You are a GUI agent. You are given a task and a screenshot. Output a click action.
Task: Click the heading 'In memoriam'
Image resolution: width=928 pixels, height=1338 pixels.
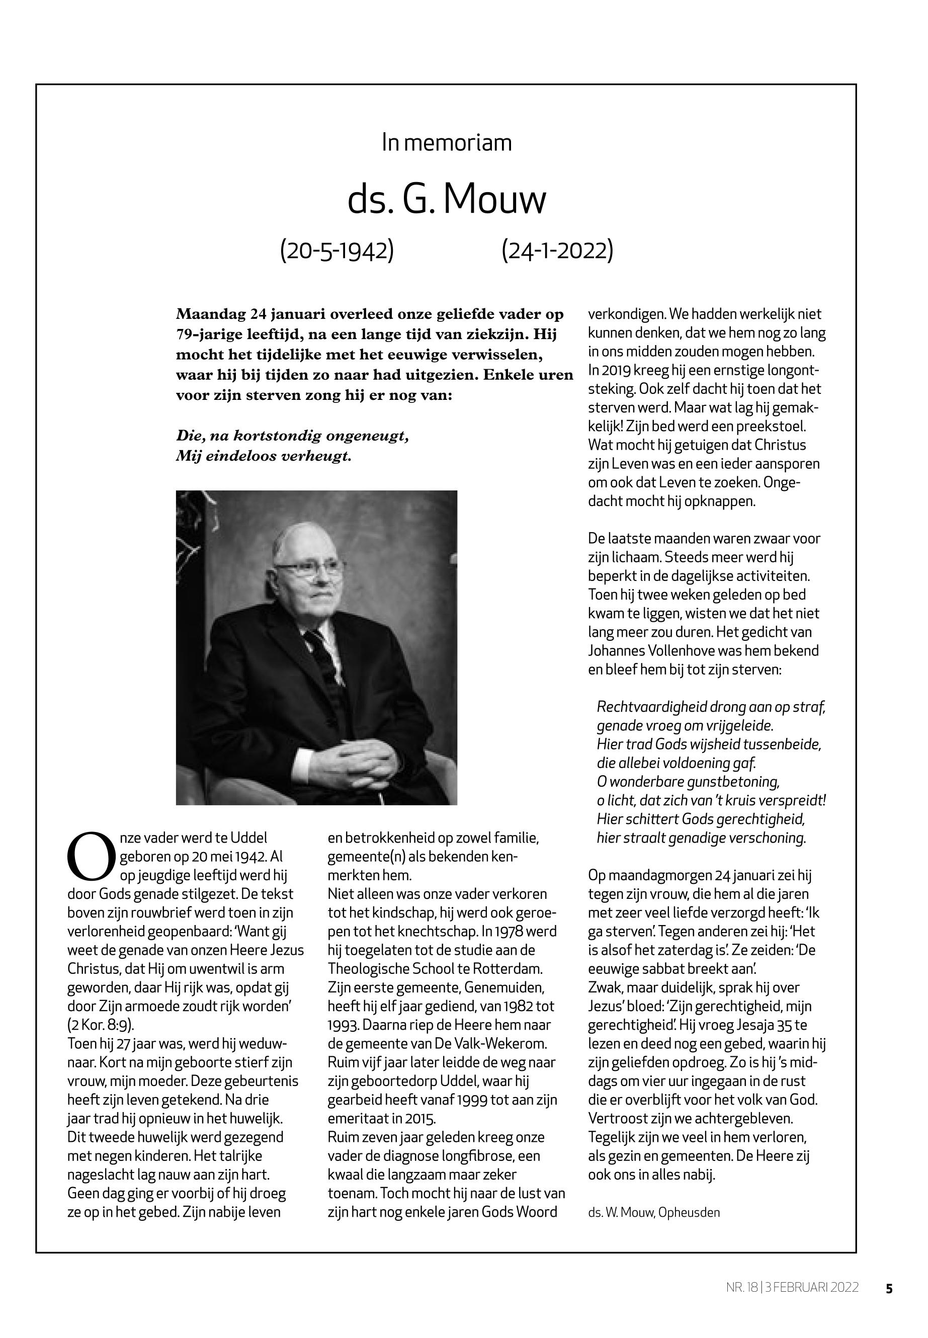(x=447, y=142)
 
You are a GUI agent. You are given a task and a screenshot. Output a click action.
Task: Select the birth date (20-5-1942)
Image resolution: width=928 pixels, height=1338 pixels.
(x=336, y=250)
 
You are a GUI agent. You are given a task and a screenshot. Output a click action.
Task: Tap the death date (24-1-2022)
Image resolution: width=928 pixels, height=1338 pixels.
(x=557, y=250)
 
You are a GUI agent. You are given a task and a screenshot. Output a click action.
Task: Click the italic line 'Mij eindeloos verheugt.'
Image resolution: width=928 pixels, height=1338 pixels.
(x=264, y=456)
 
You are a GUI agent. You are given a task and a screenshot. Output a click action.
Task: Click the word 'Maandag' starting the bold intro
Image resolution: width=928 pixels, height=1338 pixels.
(x=210, y=314)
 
